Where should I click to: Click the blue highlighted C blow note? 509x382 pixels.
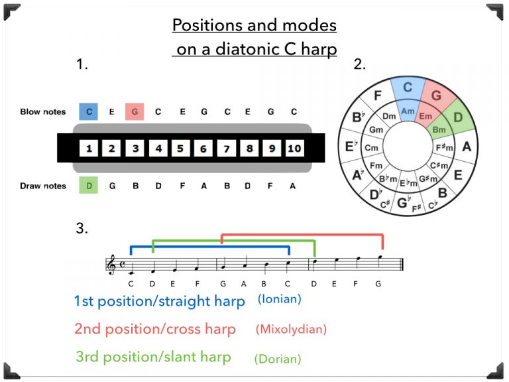coord(88,111)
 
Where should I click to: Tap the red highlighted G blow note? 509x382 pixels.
coord(135,111)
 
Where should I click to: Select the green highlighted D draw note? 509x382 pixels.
coord(88,186)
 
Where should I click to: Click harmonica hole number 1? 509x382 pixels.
coord(88,149)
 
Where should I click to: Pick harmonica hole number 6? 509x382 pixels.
coord(203,149)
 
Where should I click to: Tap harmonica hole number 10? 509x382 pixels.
coord(295,149)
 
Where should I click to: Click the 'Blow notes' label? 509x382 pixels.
coord(43,112)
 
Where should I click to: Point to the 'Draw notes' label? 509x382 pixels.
coord(43,186)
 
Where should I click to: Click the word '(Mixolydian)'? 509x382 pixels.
coord(290,328)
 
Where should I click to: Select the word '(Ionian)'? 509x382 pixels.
coord(279,299)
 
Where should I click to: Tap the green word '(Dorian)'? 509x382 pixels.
coord(277,359)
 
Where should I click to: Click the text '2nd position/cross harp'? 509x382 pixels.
coord(154,329)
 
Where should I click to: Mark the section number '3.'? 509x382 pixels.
coord(82,229)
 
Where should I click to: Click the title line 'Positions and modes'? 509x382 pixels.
coord(254,26)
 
